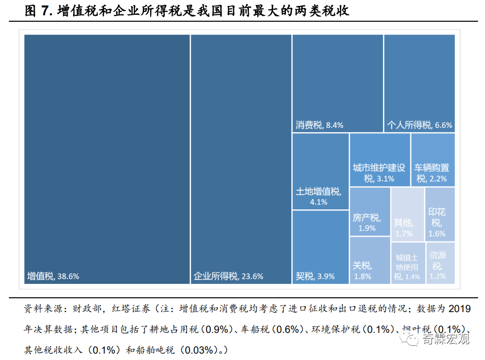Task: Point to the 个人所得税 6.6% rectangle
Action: click(x=419, y=83)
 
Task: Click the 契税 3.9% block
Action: click(x=320, y=247)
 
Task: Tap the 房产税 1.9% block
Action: click(x=370, y=211)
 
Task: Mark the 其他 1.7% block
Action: click(x=407, y=214)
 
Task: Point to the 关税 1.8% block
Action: click(x=370, y=260)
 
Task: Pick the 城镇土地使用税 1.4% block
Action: click(x=407, y=263)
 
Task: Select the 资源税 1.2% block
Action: click(x=440, y=263)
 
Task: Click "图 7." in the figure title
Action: click(x=39, y=11)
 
